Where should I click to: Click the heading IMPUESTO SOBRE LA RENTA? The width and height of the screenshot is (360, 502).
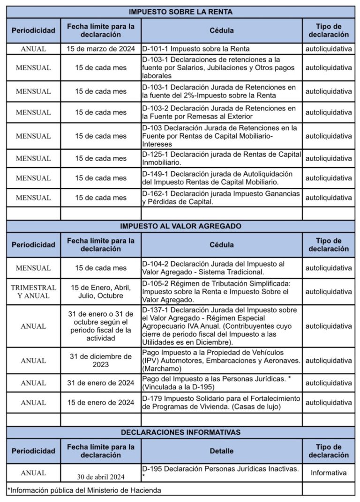coord(180,12)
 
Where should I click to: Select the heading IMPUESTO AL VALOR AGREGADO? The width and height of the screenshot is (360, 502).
coord(180,226)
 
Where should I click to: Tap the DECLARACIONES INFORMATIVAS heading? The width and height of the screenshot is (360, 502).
coord(180,432)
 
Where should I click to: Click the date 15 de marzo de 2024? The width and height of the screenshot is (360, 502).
coord(101,48)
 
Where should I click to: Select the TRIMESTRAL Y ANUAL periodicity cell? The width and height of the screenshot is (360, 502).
coord(33,292)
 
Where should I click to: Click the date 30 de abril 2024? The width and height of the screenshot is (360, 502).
coord(101,477)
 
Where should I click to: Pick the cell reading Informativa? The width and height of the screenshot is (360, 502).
coord(329,473)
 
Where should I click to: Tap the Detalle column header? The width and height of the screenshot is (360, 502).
coord(222,451)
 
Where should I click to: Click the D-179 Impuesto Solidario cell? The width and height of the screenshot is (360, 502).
coord(221,402)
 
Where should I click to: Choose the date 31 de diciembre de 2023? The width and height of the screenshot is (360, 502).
coord(101,361)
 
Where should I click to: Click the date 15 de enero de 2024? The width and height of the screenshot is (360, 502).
coord(101,402)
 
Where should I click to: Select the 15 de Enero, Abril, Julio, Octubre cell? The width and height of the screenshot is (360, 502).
coord(101,292)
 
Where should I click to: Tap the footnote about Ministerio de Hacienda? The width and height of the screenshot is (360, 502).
coord(84,490)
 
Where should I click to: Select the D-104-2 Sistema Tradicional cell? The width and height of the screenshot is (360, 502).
coord(221,268)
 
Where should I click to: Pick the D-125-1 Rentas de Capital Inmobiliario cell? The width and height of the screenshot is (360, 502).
coord(221,158)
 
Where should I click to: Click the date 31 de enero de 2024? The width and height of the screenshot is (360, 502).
coord(101,383)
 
